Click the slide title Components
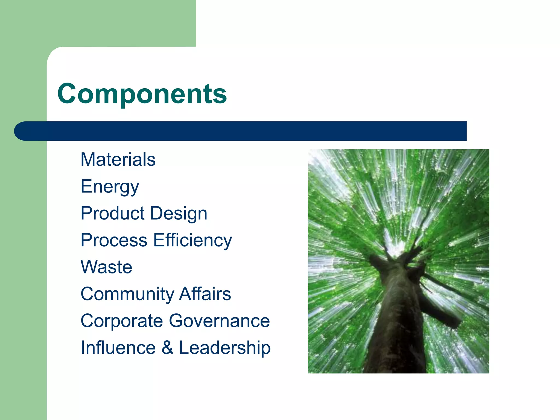pos(142,94)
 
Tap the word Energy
pos(110,187)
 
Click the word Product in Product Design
pos(113,213)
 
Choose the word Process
pos(114,240)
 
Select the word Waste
pos(107,267)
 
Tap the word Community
pos(127,294)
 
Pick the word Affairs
pos(205,294)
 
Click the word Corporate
pos(122,321)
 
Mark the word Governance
pos(219,321)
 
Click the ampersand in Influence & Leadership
pos(167,348)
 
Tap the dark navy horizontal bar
pos(246,131)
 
